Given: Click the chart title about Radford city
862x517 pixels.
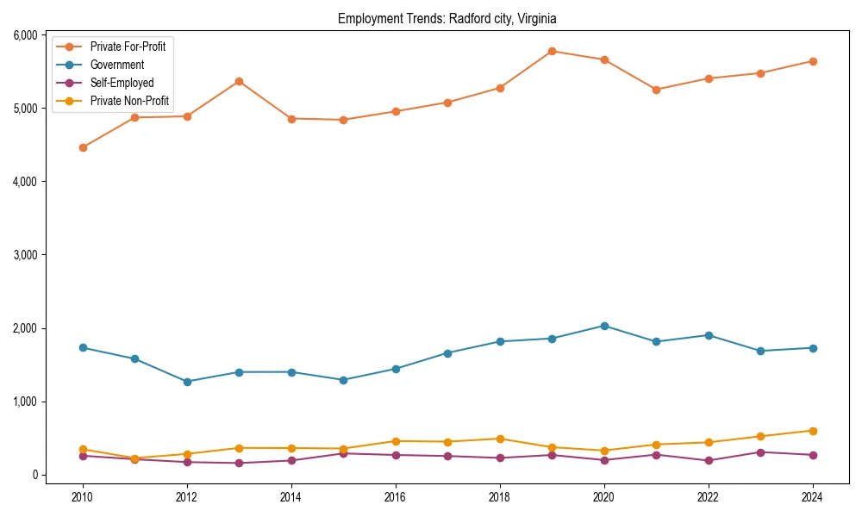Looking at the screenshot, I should [x=447, y=18].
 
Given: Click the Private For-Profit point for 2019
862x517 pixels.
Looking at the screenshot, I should [x=552, y=51].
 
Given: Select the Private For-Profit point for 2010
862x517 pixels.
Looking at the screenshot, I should [x=83, y=147].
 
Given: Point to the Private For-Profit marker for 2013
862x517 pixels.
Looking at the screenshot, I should [x=239, y=81].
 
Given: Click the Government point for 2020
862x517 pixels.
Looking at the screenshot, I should [x=604, y=326].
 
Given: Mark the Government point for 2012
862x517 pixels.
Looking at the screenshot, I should [x=187, y=382].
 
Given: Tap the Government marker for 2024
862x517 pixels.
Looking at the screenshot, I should [x=813, y=348].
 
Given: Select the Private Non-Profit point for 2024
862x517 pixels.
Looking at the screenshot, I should [x=813, y=431].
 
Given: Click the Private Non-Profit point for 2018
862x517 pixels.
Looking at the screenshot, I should [x=500, y=439].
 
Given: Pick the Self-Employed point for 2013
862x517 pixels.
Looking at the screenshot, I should [x=239, y=463].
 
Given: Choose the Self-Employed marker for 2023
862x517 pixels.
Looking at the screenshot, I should [x=760, y=452].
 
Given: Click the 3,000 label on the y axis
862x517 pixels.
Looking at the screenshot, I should [x=24, y=255].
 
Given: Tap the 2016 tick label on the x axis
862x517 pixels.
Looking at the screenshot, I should [x=396, y=497].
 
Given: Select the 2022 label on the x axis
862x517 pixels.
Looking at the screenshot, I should [x=709, y=497].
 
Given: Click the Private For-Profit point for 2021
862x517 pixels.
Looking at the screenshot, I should [x=656, y=90].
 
